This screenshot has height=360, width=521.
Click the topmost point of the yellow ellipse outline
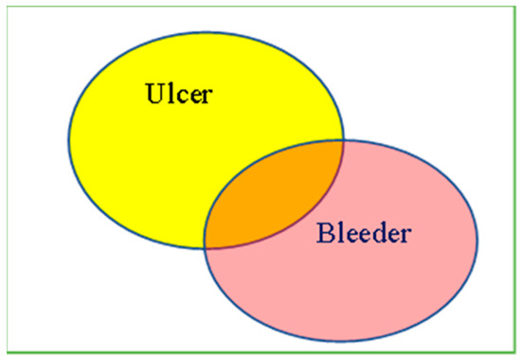pyautogui.click(x=207, y=35)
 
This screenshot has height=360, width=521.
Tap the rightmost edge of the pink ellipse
pyautogui.click(x=477, y=242)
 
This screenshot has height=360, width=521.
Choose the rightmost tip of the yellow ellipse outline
pyautogui.click(x=344, y=142)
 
